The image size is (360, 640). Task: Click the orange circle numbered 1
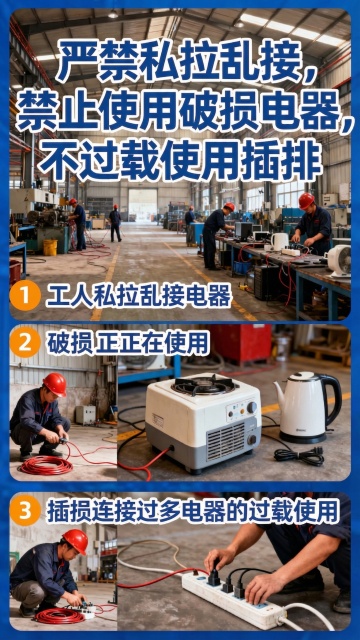tap(25, 296)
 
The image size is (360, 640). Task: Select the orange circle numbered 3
tap(25, 510)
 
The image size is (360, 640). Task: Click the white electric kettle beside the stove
tap(307, 407)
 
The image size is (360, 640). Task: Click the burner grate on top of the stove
tap(203, 384)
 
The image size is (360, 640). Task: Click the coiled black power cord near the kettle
tap(299, 456)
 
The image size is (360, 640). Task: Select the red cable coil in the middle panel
tap(46, 465)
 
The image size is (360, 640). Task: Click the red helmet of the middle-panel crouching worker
tap(55, 384)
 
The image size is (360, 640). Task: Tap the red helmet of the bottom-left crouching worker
tap(76, 541)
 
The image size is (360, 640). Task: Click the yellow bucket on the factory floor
tap(50, 247)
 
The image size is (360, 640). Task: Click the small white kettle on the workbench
tap(280, 242)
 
